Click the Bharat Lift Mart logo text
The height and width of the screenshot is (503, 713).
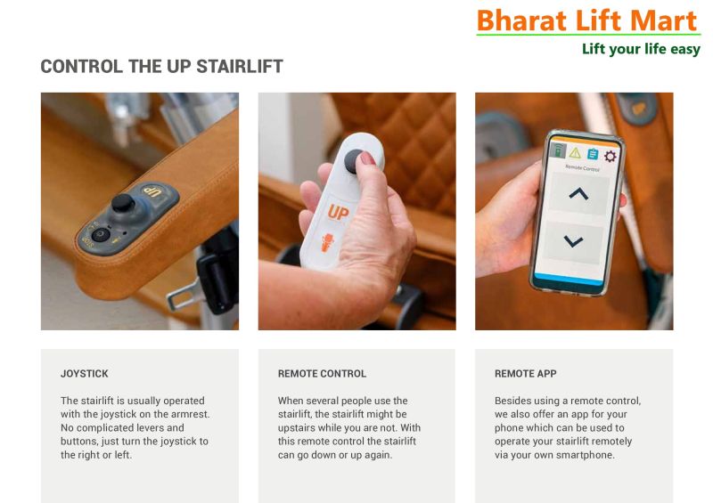click(586, 20)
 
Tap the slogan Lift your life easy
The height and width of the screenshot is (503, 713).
click(641, 49)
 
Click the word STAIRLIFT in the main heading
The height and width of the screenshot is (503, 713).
click(240, 67)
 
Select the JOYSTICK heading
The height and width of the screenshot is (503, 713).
click(85, 374)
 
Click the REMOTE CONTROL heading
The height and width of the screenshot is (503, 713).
click(322, 374)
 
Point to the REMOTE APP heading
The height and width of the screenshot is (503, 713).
click(526, 374)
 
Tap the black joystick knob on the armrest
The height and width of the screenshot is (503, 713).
click(123, 203)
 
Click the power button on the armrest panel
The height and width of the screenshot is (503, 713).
click(101, 234)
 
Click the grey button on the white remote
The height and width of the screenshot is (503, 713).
click(354, 161)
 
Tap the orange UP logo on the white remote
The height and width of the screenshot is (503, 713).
click(339, 212)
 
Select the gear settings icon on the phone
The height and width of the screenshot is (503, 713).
click(611, 157)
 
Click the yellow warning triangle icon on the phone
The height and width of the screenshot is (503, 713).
click(575, 152)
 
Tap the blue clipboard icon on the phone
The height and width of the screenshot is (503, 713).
click(593, 154)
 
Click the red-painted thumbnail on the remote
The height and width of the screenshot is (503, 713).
click(366, 158)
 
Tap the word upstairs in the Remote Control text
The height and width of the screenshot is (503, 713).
click(297, 428)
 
